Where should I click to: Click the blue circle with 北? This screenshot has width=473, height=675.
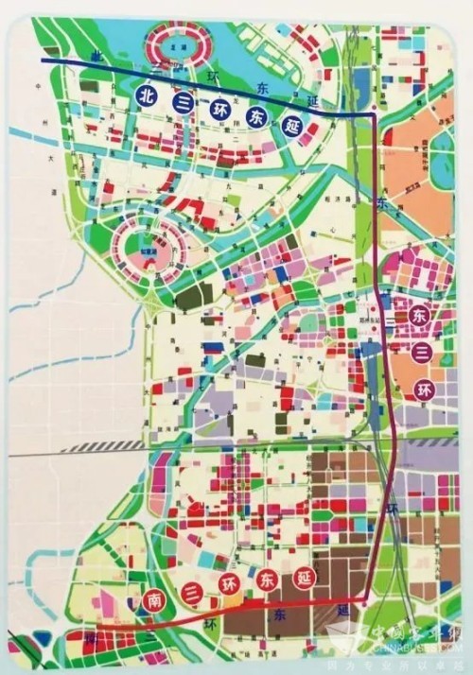(147, 95)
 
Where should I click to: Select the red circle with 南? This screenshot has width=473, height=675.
(154, 599)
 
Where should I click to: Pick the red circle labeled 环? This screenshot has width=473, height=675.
(227, 584)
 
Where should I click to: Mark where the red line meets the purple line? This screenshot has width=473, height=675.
(364, 600)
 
